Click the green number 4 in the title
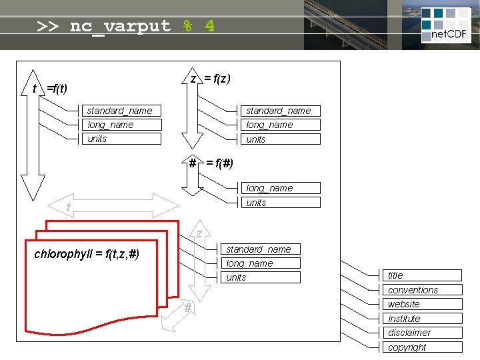pyautogui.click(x=209, y=26)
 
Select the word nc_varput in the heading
pyautogui.click(x=120, y=26)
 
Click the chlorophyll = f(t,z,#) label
pyautogui.click(x=87, y=254)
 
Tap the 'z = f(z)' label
pyautogui.click(x=210, y=79)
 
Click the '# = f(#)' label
pyautogui.click(x=211, y=163)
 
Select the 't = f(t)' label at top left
pyautogui.click(x=50, y=89)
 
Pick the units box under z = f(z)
pyautogui.click(x=280, y=139)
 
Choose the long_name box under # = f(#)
pyautogui.click(x=280, y=189)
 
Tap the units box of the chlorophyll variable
pyautogui.click(x=261, y=277)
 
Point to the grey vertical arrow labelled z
pyautogui.click(x=199, y=263)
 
